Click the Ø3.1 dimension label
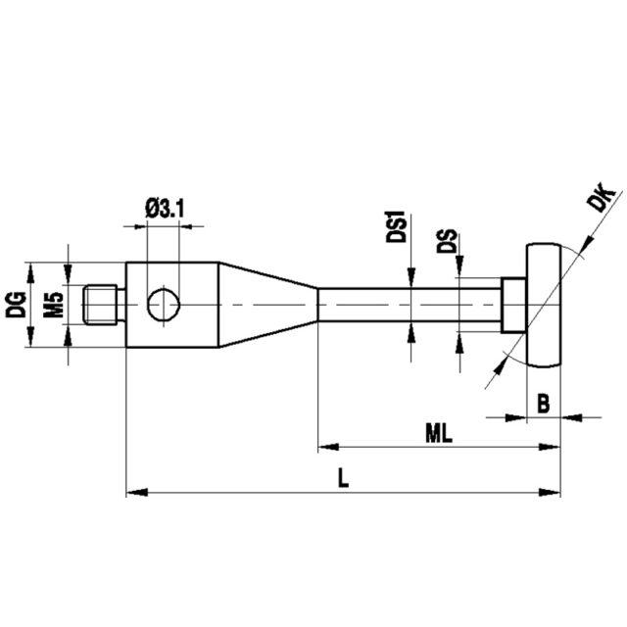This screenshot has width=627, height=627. pos(165,209)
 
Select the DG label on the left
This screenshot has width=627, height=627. pos(16,305)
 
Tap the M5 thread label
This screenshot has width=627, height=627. pos(54,305)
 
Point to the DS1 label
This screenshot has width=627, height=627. pos(396,226)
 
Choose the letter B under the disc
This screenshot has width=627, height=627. pos(544,404)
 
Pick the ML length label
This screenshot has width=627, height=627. pos(439,433)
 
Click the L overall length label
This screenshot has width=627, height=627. pos(343,478)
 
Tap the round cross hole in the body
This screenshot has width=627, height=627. pos(164,305)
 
